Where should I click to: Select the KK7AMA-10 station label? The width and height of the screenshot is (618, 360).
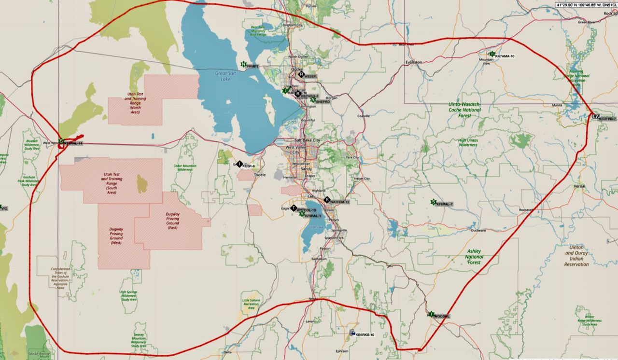[x=505, y=56]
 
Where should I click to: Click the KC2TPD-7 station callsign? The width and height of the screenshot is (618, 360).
[x=607, y=119]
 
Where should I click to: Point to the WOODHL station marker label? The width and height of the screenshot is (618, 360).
[x=442, y=317]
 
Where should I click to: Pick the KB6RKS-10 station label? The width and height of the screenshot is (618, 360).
[x=365, y=334]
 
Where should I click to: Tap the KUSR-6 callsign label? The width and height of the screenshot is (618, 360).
[x=249, y=166]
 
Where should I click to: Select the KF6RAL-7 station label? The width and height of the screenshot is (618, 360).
[x=444, y=205]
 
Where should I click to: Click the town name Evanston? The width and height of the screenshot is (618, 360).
[x=414, y=62]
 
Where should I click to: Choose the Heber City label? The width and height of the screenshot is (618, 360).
[x=362, y=179]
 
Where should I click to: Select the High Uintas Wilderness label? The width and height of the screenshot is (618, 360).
[x=468, y=142]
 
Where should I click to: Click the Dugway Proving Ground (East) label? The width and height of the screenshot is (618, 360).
[x=172, y=222]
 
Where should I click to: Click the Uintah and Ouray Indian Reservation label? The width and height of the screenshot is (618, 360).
[x=576, y=256]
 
